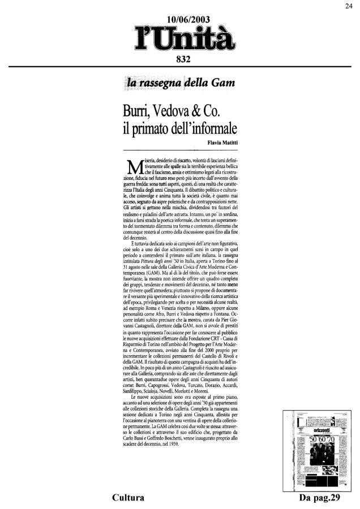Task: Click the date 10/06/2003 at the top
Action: tap(179, 20)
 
